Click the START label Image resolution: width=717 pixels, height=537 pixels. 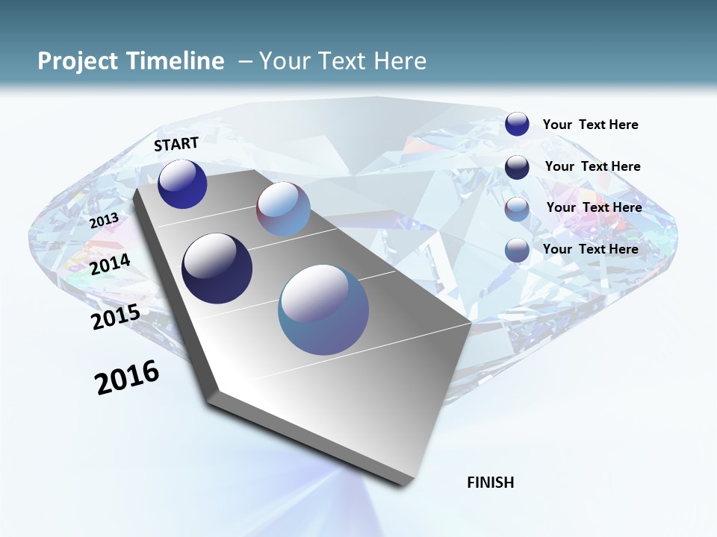[176, 143]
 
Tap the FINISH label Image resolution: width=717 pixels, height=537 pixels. [490, 483]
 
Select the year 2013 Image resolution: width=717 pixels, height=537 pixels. [104, 220]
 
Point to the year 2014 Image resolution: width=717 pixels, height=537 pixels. [110, 264]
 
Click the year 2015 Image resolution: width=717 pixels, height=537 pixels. [115, 316]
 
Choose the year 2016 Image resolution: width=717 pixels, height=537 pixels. [127, 377]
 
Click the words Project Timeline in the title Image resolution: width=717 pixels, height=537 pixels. [131, 61]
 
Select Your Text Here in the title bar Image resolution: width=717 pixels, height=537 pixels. [342, 61]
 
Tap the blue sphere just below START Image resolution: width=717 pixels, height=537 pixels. [182, 183]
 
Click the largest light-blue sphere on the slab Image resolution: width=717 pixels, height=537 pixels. [323, 310]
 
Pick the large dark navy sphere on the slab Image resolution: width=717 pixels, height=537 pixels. [217, 268]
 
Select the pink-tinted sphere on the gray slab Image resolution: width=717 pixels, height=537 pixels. [283, 209]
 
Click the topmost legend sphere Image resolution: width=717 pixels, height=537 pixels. [517, 124]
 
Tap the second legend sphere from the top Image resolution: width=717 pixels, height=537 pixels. [517, 167]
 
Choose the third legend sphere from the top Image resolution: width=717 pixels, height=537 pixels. [517, 209]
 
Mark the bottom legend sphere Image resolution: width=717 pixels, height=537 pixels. [517, 251]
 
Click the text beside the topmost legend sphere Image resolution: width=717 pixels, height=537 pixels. [590, 125]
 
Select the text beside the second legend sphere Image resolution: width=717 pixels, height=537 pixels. [592, 166]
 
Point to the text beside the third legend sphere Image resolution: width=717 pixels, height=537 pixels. [594, 207]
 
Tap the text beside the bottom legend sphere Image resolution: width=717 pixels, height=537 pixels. [590, 249]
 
